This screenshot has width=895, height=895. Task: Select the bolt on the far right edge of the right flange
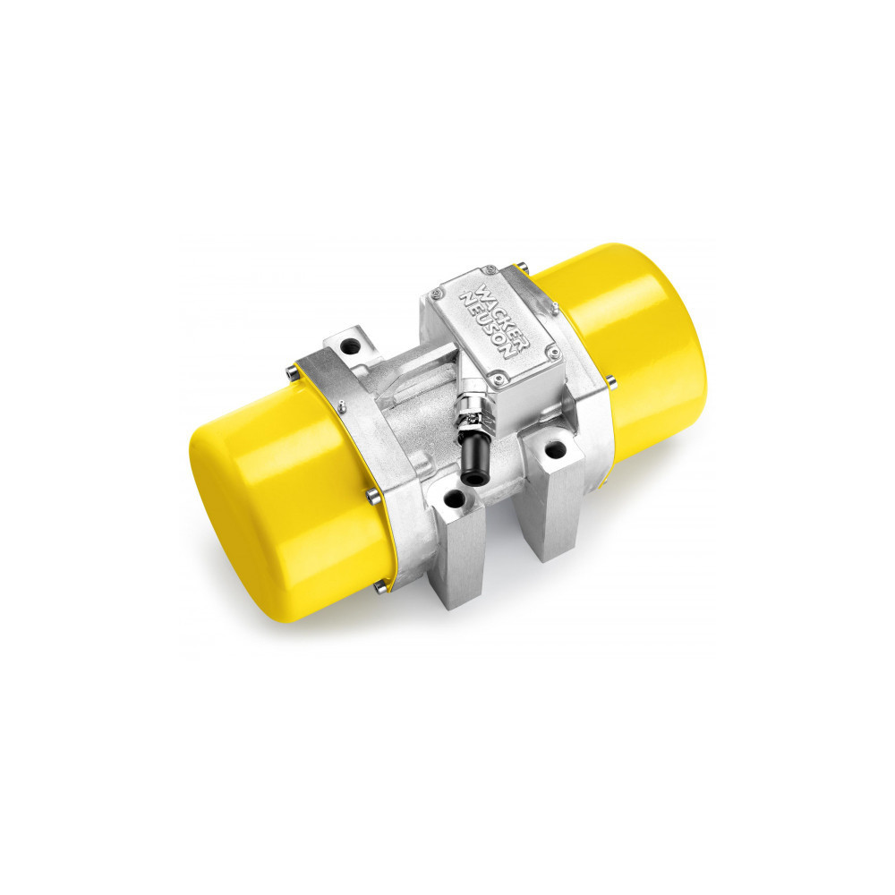(612, 383)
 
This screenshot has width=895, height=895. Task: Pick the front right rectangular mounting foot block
(555, 501)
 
